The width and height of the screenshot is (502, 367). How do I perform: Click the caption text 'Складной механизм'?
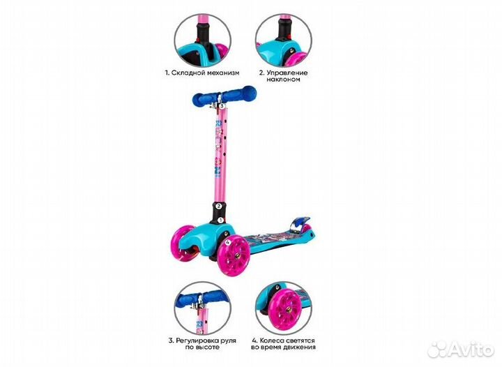coord(201,72)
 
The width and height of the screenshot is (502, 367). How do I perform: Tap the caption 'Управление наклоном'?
coord(284,76)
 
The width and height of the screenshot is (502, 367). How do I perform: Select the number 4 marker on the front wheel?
coord(218,243)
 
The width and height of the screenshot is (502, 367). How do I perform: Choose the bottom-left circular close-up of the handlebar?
coord(202,306)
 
